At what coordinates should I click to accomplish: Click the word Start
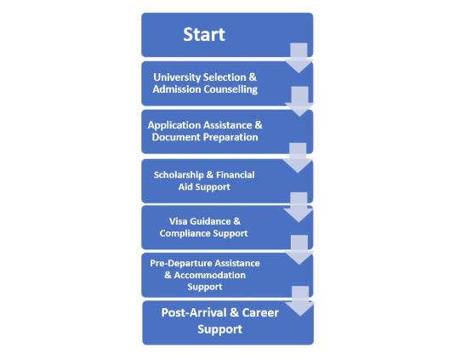[204, 35]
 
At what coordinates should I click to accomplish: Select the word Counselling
[230, 89]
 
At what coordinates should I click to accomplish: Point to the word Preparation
[231, 137]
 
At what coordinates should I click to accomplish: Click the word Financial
[235, 174]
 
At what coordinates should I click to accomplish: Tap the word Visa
[178, 221]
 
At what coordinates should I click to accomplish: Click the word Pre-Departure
[181, 264]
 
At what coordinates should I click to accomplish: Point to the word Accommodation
[209, 275]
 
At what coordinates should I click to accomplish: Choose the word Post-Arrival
[194, 312]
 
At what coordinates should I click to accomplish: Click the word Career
[260, 312]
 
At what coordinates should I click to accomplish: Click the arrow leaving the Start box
[298, 58]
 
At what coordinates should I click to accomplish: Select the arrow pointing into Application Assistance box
[299, 102]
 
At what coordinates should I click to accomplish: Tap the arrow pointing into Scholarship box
[298, 158]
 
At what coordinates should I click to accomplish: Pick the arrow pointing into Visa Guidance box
[298, 208]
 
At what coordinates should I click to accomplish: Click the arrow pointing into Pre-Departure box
[299, 250]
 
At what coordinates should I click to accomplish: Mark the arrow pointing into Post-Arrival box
[300, 301]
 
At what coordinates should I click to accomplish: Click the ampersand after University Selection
[253, 77]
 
